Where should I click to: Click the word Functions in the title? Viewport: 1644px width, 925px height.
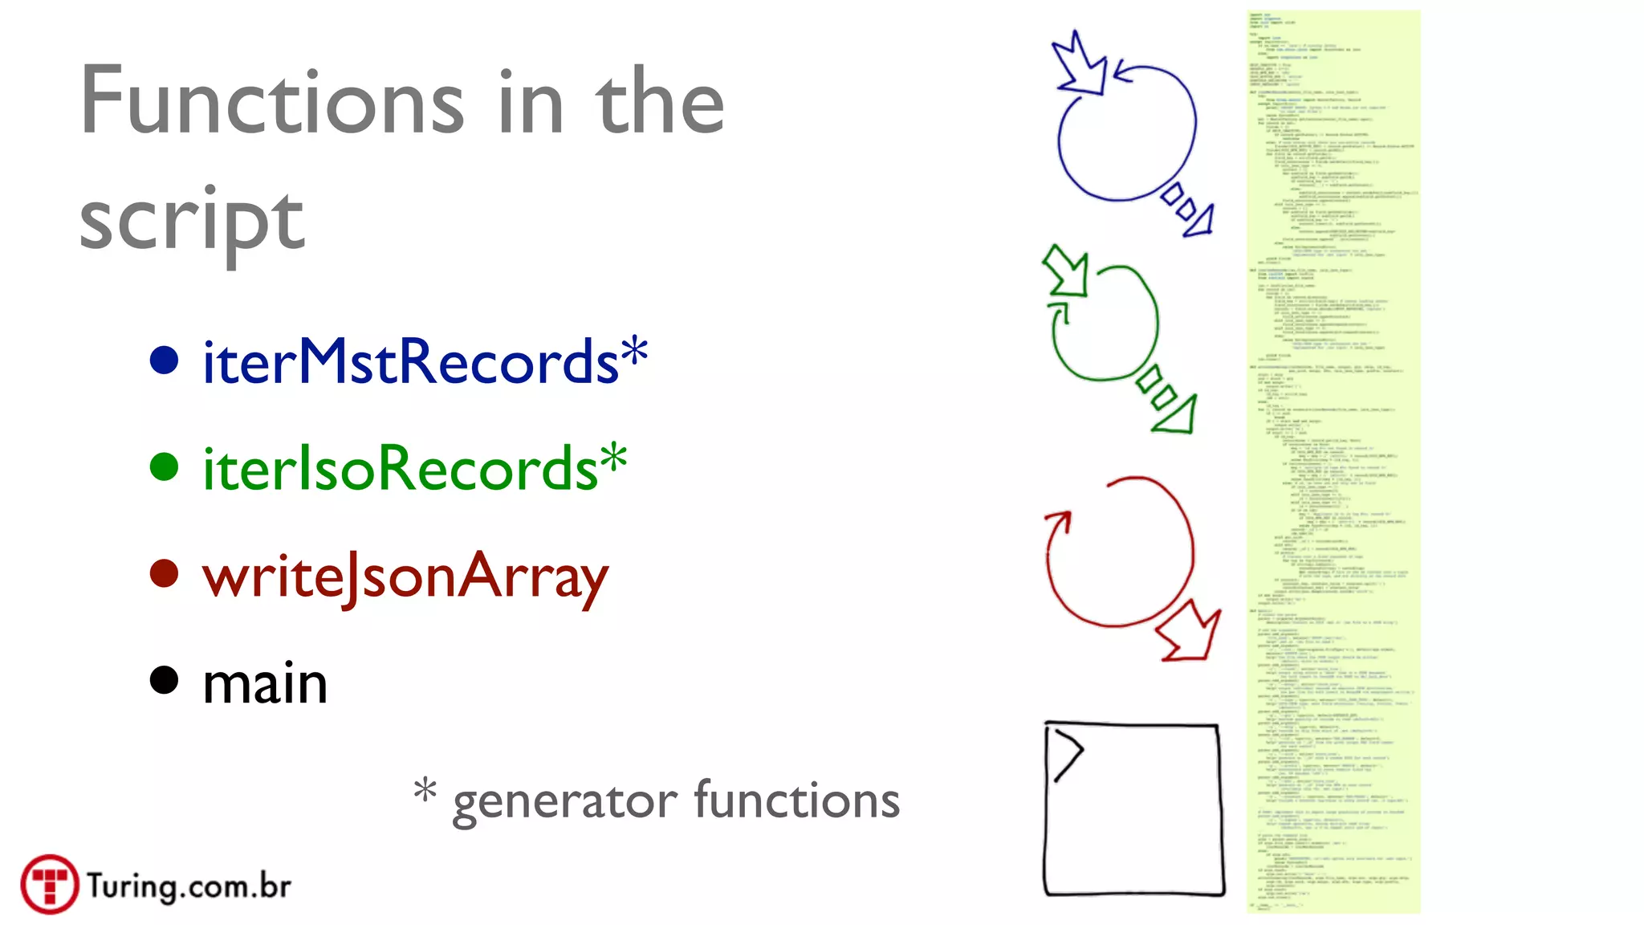tap(273, 102)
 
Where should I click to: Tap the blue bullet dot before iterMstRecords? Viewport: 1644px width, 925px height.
tap(164, 360)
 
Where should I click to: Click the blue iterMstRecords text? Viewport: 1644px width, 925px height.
tap(409, 361)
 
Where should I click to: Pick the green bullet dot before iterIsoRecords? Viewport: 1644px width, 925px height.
tap(164, 467)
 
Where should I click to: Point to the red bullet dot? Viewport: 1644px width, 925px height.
tap(164, 573)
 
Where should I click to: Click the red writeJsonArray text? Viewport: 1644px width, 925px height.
tap(405, 577)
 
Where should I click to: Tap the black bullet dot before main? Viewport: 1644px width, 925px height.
tap(164, 680)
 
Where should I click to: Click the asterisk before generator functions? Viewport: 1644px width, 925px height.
tap(425, 790)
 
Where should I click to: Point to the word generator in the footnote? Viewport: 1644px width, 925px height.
tap(565, 801)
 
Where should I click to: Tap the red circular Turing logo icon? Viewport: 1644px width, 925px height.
tap(50, 884)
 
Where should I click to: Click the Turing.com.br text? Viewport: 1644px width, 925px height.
tap(189, 886)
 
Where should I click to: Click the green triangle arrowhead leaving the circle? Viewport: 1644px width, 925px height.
tap(1177, 414)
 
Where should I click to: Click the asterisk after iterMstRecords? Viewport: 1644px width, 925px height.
tap(634, 352)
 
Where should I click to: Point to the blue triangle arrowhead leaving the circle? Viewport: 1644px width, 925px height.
tap(1200, 221)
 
